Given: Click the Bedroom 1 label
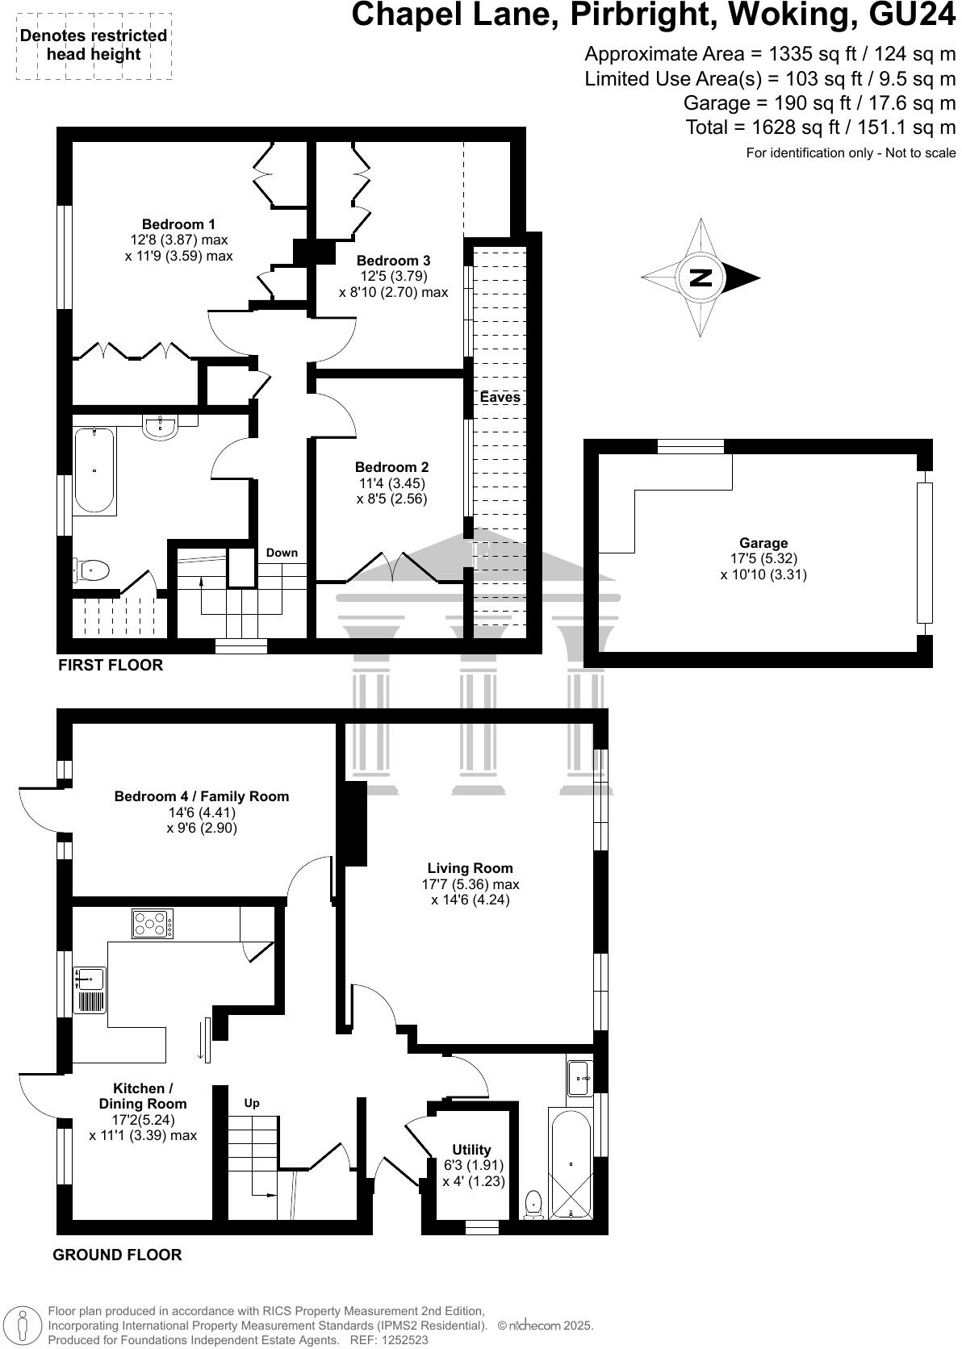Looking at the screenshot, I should coord(178,224).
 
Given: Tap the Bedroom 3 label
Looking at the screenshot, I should coord(393,261).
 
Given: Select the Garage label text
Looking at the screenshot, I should coord(763,543).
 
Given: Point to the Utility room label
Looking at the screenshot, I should coord(471,1150).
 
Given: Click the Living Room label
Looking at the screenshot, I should coord(470,868).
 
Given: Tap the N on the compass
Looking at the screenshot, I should coord(701,278).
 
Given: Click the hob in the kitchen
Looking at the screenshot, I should coord(153,924).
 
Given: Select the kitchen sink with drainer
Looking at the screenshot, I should coord(89,989).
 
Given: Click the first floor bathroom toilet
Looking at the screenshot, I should coord(90,570).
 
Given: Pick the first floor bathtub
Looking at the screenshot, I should coord(94,470).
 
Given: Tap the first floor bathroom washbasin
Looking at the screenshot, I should coord(161,425).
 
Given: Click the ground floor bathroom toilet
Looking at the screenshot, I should coord(533,1205).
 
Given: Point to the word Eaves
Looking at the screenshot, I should coord(500,397).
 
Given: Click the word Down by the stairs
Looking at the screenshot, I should coord(282,553).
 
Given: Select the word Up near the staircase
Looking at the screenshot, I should coord(252,1103).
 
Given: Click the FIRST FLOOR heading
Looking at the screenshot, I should coord(111,665).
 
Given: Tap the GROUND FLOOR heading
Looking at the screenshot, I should coord(117,1255).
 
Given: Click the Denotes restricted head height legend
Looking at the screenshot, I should coord(94,45).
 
